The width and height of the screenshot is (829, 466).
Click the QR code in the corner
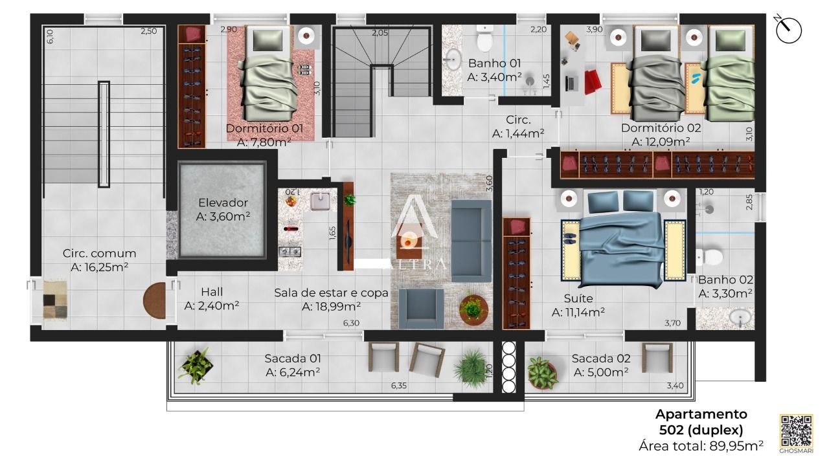click(x=797, y=431)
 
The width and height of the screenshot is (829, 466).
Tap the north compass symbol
click(x=788, y=29)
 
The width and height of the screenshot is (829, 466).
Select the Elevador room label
click(x=223, y=209)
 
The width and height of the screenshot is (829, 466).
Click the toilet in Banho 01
click(x=484, y=38)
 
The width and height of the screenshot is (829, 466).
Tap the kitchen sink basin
click(x=320, y=201)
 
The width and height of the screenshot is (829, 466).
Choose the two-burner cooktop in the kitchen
click(x=290, y=252)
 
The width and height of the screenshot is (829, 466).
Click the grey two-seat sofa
click(x=471, y=242)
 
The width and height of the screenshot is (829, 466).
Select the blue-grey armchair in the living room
click(x=422, y=309)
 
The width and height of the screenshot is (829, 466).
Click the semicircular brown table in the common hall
click(x=155, y=300)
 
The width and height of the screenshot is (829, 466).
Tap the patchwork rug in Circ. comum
click(x=55, y=300)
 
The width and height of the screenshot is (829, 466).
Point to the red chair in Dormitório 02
click(x=592, y=82)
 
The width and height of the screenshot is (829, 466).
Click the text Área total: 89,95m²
click(x=701, y=446)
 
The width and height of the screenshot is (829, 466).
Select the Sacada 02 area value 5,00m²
click(x=601, y=372)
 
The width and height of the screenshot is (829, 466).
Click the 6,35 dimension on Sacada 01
click(x=399, y=385)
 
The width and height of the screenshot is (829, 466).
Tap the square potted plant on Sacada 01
click(x=196, y=366)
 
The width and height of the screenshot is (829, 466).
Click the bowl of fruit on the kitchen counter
click(x=291, y=201)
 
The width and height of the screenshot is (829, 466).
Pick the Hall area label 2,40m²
click(x=212, y=306)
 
